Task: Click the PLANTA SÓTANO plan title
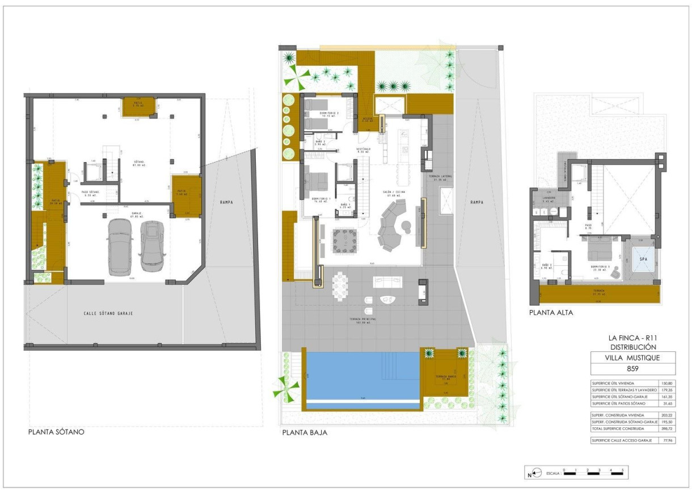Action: point(56,432)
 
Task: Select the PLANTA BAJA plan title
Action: point(305,432)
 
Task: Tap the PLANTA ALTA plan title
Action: point(551,312)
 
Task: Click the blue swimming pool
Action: point(362,375)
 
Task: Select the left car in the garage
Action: point(120,245)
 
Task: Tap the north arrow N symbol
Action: point(530,475)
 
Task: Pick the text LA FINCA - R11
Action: point(633,338)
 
